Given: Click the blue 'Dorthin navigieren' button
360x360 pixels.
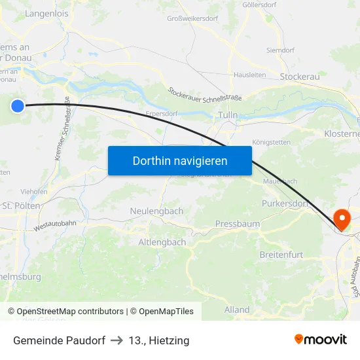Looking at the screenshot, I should [x=180, y=160].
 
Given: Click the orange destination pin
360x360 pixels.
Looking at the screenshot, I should [x=342, y=219].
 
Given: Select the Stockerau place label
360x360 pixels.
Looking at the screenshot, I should [x=299, y=77].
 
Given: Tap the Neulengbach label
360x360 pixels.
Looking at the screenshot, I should [x=156, y=211].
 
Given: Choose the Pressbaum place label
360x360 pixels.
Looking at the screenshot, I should [x=237, y=224].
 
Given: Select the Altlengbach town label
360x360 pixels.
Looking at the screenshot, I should [x=162, y=242].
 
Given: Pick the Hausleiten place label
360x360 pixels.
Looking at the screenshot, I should [x=249, y=75].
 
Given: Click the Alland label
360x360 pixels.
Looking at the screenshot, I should [x=237, y=310].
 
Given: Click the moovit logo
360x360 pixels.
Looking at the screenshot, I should [x=321, y=339].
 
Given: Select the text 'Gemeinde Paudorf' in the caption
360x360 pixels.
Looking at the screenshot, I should [x=59, y=340].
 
